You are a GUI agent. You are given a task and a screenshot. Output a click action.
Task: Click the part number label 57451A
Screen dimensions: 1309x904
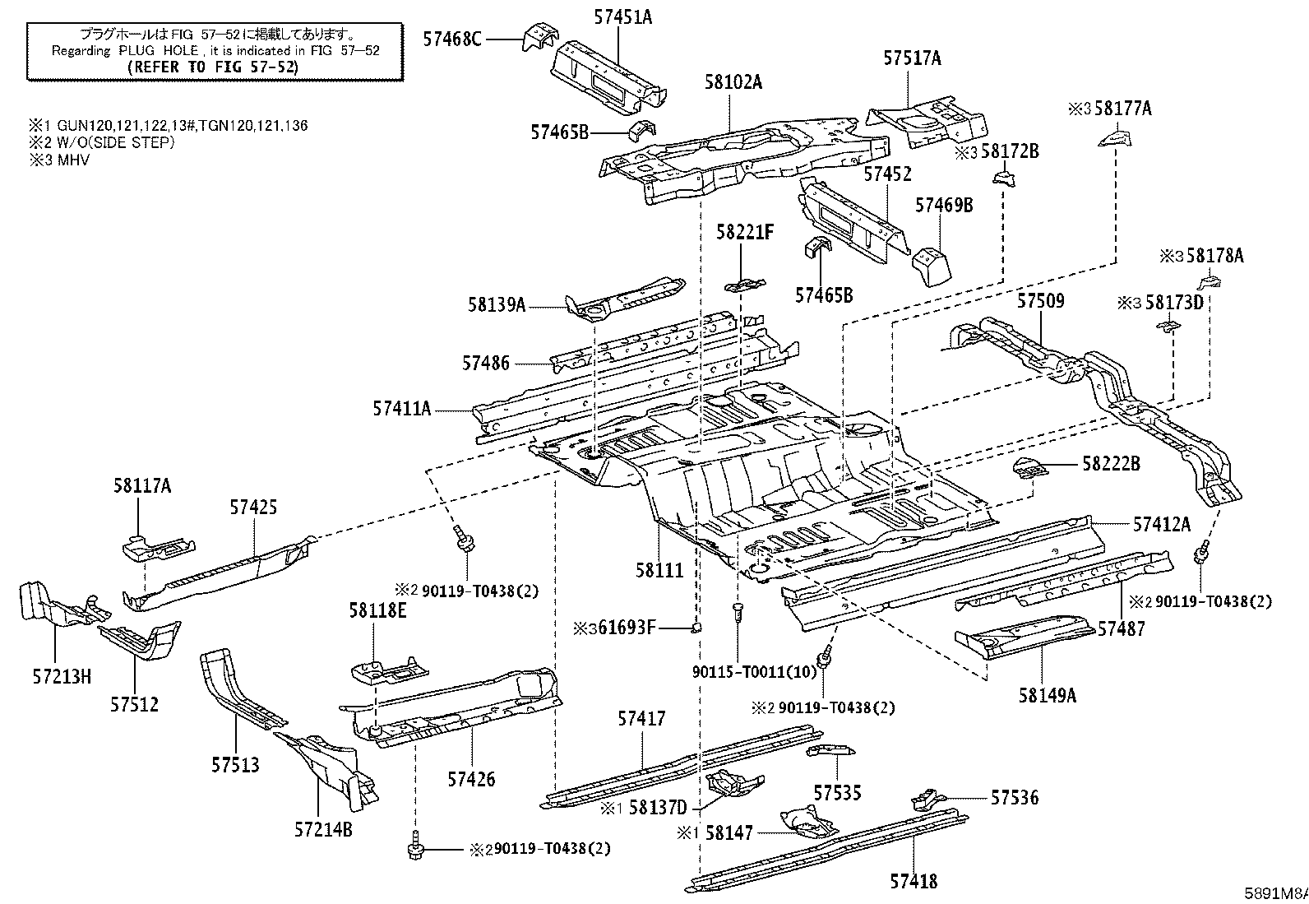coord(623,17)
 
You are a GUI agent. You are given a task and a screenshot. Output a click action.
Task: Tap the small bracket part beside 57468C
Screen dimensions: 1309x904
coord(539,36)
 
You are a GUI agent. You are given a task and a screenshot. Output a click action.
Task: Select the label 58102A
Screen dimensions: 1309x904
coord(733,82)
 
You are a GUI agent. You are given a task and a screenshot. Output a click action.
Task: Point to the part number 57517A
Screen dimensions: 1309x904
coord(912,58)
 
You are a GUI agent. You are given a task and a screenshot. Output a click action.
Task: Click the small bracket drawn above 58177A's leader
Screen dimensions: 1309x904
coord(1115,138)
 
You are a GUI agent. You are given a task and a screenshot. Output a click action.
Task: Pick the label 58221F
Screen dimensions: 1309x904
coord(744,232)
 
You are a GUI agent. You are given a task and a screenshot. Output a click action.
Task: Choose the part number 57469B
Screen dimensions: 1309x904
coord(944,205)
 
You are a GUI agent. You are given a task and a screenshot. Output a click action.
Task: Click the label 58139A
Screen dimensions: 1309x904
coord(496,304)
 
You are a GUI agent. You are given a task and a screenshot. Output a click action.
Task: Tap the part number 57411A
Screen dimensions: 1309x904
coord(401,408)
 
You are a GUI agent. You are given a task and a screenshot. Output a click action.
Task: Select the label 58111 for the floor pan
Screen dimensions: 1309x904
coord(659,570)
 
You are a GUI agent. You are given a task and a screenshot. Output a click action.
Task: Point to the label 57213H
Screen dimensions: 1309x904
coord(62,676)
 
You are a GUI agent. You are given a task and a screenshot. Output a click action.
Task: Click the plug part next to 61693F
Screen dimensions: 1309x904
coord(696,628)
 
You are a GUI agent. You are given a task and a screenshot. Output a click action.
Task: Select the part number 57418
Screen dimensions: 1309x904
coord(914,881)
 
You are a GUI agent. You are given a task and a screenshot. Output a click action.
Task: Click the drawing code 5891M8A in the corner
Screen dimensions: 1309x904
coord(1275,892)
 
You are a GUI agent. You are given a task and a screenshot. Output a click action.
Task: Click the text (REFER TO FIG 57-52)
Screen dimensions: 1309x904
coord(213,67)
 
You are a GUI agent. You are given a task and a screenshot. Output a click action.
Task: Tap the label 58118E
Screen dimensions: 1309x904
coord(377,610)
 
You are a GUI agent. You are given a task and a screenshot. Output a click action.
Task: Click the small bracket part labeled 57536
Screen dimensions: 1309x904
coord(928,799)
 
